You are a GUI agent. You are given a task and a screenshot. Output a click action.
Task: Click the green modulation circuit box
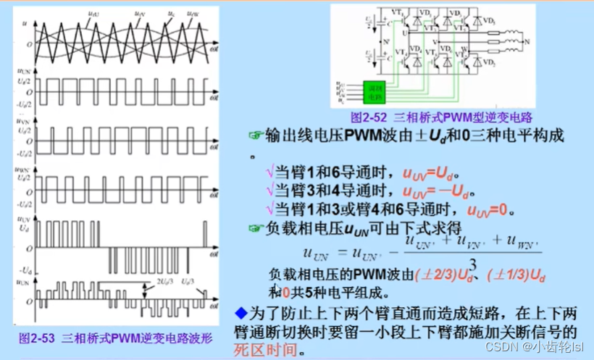coord(376,91)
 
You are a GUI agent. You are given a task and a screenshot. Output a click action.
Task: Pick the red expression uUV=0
coord(490,212)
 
